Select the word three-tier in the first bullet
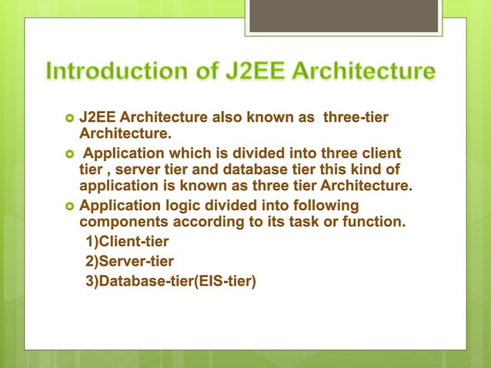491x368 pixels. (x=356, y=118)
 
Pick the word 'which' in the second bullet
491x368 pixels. (x=180, y=152)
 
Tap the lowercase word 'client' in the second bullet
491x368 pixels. (x=379, y=152)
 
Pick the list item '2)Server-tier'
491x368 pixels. (x=129, y=262)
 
